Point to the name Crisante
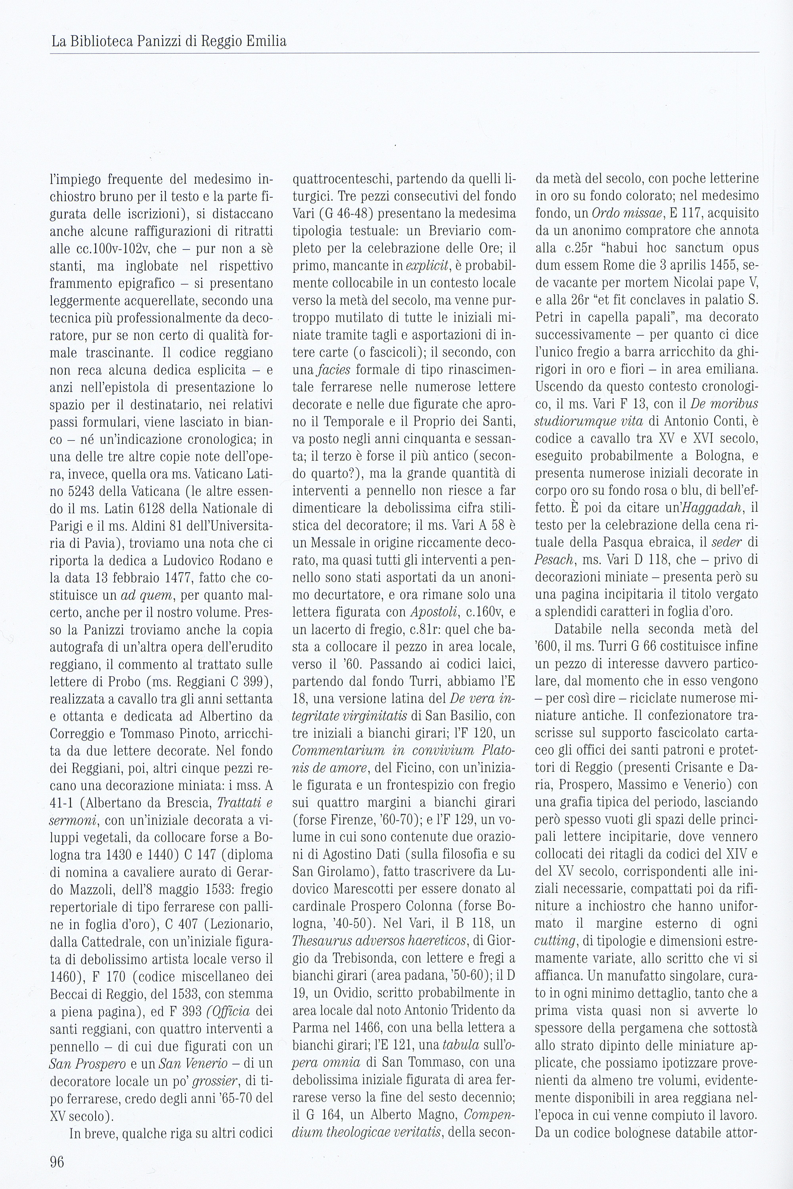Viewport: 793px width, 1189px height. click(x=698, y=768)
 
